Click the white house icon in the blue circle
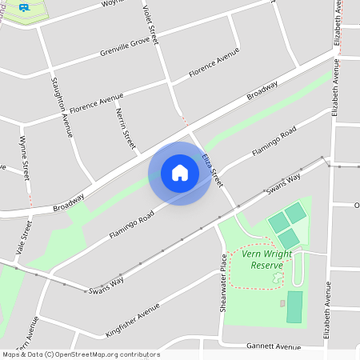(180, 173)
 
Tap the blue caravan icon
(25, 6)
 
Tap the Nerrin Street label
(125, 128)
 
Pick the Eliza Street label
(211, 170)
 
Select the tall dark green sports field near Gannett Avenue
(294, 307)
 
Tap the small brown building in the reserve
(282, 303)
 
